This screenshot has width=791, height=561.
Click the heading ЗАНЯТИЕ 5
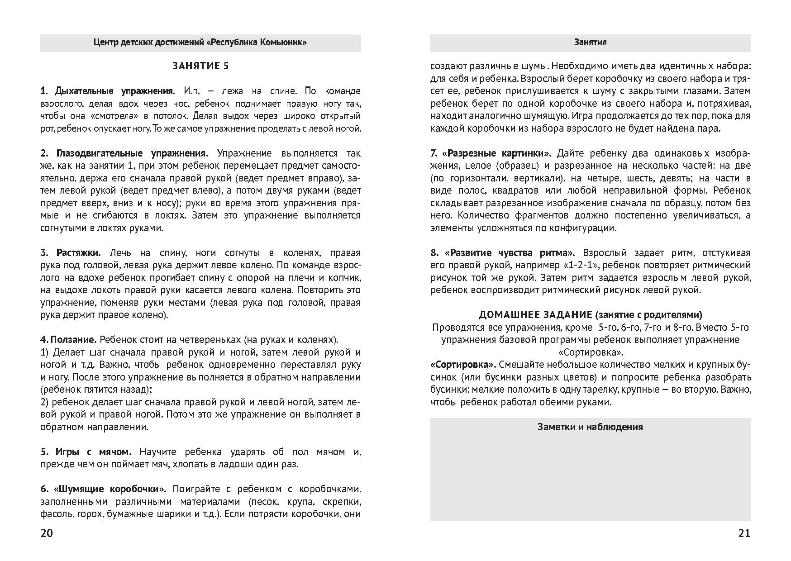click(200, 66)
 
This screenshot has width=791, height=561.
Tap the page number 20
click(47, 533)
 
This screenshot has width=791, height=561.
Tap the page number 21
click(744, 533)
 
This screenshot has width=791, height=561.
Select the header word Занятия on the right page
click(590, 43)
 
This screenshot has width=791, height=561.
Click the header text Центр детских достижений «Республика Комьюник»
click(200, 43)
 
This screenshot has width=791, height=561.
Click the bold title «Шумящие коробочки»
click(110, 489)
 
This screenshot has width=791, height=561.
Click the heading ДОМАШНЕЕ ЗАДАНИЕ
click(535, 314)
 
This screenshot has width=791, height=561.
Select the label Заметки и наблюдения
click(590, 427)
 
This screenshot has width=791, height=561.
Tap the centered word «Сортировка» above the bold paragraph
click(590, 352)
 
